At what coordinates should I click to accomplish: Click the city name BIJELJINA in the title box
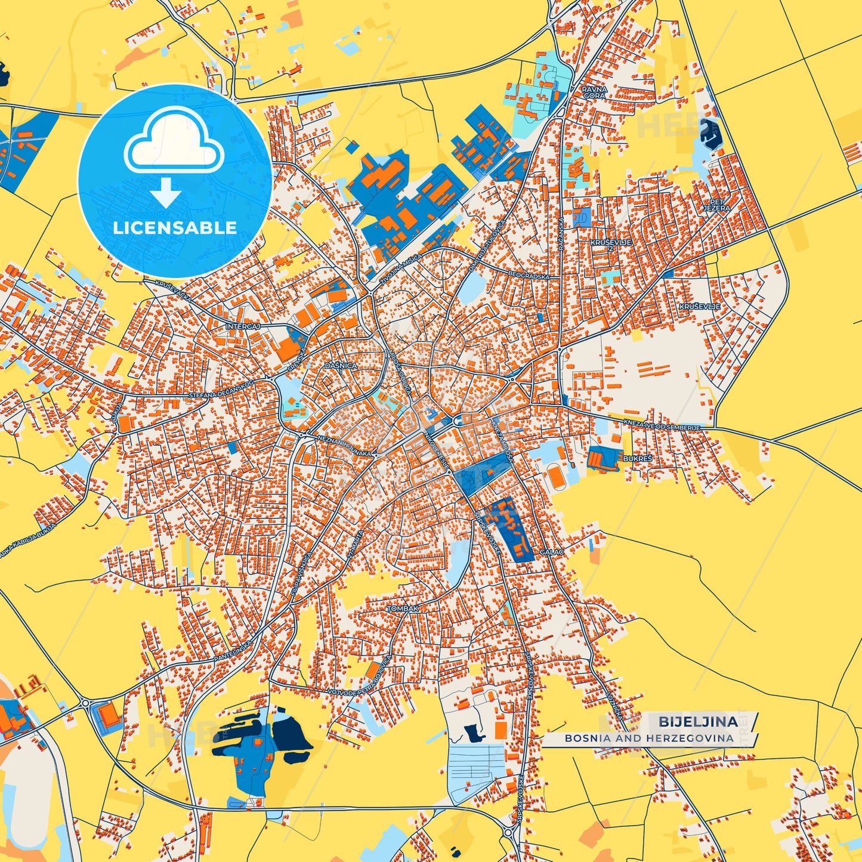pyautogui.click(x=698, y=722)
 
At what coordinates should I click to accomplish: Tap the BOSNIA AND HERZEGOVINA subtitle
pyautogui.click(x=649, y=738)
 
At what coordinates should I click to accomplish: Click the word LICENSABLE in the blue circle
pyautogui.click(x=175, y=228)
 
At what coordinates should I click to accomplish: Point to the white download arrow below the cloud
pyautogui.click(x=165, y=192)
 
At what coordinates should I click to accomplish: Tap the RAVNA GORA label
pyautogui.click(x=594, y=92)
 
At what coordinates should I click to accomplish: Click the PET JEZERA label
pyautogui.click(x=716, y=205)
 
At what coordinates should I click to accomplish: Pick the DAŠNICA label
pyautogui.click(x=341, y=365)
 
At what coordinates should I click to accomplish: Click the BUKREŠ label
pyautogui.click(x=638, y=459)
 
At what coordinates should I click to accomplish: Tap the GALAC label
pyautogui.click(x=551, y=552)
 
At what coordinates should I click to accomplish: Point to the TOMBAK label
pyautogui.click(x=403, y=608)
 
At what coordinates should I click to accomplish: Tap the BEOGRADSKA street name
pyautogui.click(x=529, y=276)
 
